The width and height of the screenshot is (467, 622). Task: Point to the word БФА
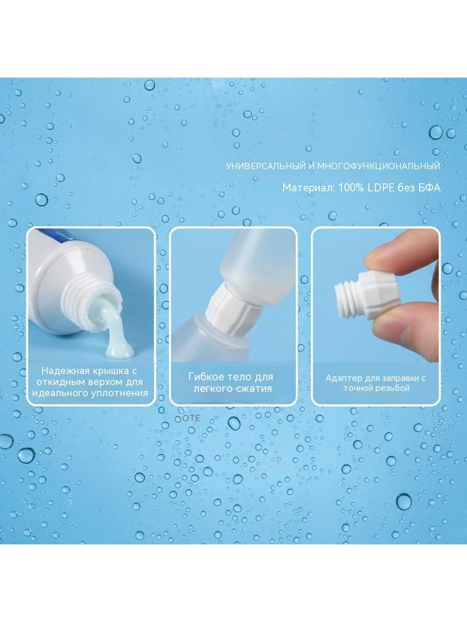430,187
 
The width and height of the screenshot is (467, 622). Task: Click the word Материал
308,188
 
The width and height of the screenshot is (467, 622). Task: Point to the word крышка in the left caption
107,371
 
